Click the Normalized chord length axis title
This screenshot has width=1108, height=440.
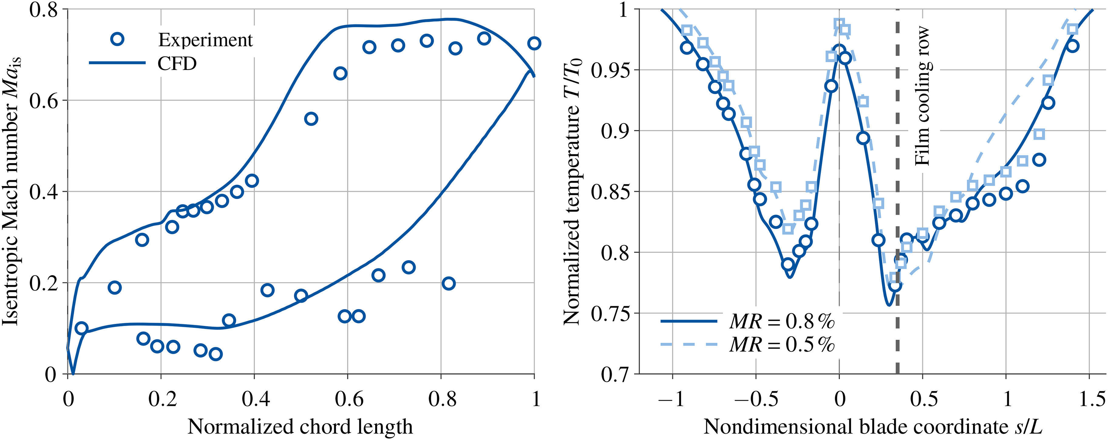pos(300,427)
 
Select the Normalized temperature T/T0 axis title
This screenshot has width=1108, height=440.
pos(573,191)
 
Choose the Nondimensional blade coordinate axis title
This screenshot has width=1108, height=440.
pos(873,427)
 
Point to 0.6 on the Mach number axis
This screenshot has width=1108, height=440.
pos(43,100)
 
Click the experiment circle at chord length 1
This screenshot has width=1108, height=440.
pos(534,43)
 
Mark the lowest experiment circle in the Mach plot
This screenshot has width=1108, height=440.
pos(216,354)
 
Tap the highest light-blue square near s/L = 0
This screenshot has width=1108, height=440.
pos(839,24)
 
